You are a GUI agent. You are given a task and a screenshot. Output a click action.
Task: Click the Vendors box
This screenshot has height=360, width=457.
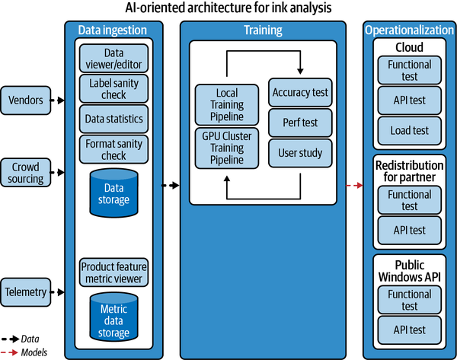tap(26, 99)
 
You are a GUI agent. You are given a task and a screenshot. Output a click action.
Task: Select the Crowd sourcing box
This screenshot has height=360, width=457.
tap(26, 172)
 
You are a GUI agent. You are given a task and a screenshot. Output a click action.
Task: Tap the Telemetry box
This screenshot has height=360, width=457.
tap(26, 292)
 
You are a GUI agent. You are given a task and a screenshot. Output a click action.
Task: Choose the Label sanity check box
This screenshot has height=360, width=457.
tap(113, 88)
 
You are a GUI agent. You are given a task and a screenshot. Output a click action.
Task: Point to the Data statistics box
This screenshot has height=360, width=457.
tap(113, 119)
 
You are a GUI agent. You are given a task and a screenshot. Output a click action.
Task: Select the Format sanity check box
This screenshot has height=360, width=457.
tap(113, 149)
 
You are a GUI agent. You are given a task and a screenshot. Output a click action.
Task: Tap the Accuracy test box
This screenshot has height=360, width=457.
tap(300, 93)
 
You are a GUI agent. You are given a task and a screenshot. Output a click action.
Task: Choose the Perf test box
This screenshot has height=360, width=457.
tap(300, 123)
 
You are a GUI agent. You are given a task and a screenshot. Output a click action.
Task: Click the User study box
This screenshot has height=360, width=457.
tap(300, 152)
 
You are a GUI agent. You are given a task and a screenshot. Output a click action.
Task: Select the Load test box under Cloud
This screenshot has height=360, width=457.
tap(410, 130)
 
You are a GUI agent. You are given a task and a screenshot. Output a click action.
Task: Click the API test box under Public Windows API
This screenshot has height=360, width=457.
tap(410, 330)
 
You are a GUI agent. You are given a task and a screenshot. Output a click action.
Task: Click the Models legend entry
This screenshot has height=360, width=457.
tap(34, 352)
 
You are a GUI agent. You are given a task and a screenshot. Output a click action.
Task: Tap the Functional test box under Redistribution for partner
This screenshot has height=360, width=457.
tap(410, 199)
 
